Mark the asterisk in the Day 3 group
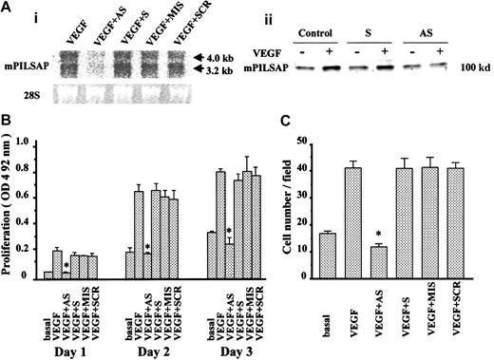[229, 231]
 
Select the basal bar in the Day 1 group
[47, 275]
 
